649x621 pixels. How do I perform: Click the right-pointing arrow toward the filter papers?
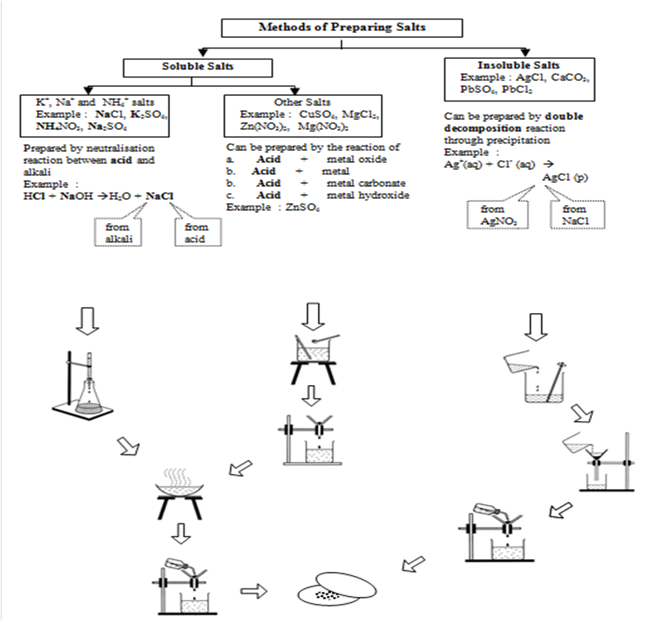(x=255, y=590)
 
